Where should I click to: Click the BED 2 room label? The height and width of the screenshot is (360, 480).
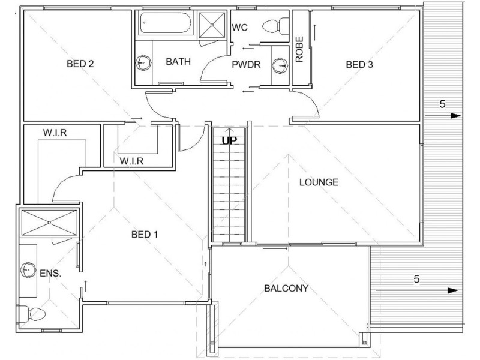pyautogui.click(x=80, y=64)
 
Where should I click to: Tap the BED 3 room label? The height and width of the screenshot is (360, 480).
pyautogui.click(x=359, y=65)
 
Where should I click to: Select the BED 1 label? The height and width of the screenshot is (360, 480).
pyautogui.click(x=145, y=235)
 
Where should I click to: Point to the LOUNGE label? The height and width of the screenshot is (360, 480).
pyautogui.click(x=319, y=182)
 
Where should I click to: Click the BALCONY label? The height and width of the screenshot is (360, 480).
pyautogui.click(x=286, y=289)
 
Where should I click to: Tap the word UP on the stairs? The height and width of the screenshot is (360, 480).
pyautogui.click(x=229, y=141)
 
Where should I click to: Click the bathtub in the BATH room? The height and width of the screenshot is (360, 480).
pyautogui.click(x=166, y=23)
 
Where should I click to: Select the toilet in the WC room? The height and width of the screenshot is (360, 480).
pyautogui.click(x=275, y=26)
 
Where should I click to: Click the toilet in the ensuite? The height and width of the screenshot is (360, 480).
pyautogui.click(x=32, y=314)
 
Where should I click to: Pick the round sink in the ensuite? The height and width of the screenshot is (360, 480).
pyautogui.click(x=28, y=270)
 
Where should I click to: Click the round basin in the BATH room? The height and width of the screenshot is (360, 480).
pyautogui.click(x=143, y=63)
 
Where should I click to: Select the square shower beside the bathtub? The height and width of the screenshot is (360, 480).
pyautogui.click(x=212, y=25)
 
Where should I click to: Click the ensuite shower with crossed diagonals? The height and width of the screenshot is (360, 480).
pyautogui.click(x=49, y=223)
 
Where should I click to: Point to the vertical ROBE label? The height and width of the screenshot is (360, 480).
pyautogui.click(x=299, y=49)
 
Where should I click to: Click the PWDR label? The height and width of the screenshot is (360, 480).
pyautogui.click(x=246, y=65)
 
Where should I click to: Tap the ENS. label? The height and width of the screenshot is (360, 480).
pyautogui.click(x=50, y=274)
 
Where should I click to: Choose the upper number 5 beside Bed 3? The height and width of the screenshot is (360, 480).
pyautogui.click(x=442, y=104)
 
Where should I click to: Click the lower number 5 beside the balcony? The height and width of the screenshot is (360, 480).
pyautogui.click(x=416, y=279)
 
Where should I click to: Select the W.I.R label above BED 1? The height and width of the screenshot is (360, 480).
pyautogui.click(x=131, y=161)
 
